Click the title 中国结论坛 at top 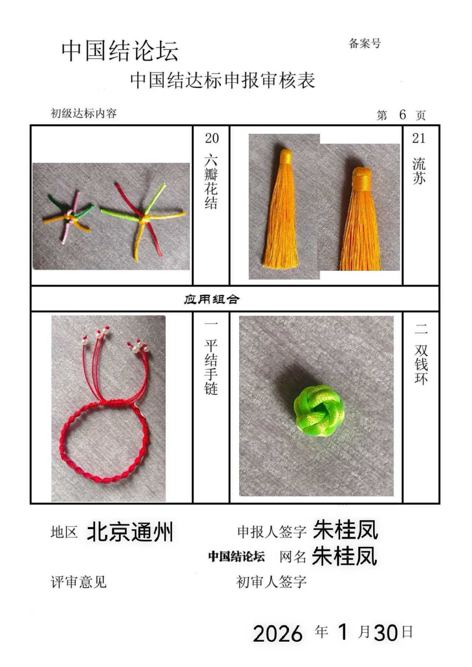point(120,51)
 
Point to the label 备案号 point(365,44)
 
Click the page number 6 point(403,114)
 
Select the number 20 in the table point(212,138)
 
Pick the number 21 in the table point(419,138)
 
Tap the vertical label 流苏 point(419,171)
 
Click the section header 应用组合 point(212,299)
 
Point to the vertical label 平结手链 point(211,367)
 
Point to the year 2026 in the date point(277,633)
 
